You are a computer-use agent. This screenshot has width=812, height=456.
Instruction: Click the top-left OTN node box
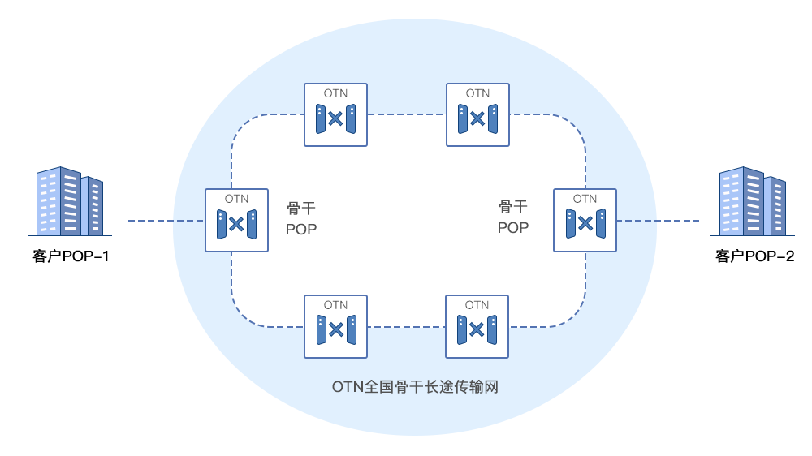pyautogui.click(x=335, y=115)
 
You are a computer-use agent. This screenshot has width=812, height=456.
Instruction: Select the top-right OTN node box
pyautogui.click(x=478, y=115)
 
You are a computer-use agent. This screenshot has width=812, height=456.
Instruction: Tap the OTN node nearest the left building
pyautogui.click(x=236, y=220)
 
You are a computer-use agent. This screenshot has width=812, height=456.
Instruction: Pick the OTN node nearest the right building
pyautogui.click(x=585, y=220)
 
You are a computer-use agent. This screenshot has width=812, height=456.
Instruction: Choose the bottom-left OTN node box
pyautogui.click(x=335, y=326)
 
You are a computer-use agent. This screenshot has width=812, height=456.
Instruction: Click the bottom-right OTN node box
pyautogui.click(x=477, y=326)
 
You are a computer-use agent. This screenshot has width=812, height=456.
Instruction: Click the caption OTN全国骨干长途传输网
pyautogui.click(x=415, y=387)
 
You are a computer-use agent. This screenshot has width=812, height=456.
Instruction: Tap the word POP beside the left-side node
pyautogui.click(x=301, y=230)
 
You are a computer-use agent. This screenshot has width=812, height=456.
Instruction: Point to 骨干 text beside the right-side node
pyautogui.click(x=513, y=207)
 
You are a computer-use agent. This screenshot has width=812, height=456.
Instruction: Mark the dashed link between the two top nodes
pyautogui.click(x=407, y=115)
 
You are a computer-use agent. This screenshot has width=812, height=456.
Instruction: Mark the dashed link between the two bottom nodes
pyautogui.click(x=406, y=327)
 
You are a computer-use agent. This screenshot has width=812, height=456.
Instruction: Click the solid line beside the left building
pyautogui.click(x=151, y=220)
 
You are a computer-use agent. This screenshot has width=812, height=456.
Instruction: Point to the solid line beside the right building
pyautogui.click(x=673, y=220)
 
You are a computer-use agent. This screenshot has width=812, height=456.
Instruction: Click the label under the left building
pyautogui.click(x=71, y=257)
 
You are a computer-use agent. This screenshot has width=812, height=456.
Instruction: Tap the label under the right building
pyautogui.click(x=754, y=257)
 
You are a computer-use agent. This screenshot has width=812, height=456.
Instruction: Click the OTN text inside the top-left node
pyautogui.click(x=335, y=93)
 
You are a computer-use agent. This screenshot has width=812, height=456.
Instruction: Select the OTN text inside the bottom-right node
pyautogui.click(x=477, y=305)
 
